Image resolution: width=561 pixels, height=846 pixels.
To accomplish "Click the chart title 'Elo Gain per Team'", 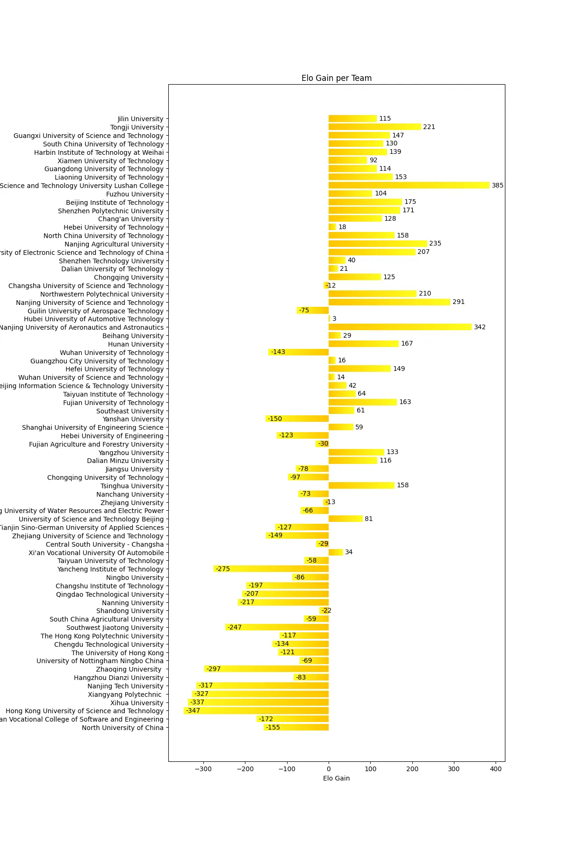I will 336,78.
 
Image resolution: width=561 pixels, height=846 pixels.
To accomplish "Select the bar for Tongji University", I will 374,127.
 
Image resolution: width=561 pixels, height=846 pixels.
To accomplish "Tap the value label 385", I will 497,185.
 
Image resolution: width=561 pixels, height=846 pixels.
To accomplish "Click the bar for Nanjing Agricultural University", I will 378,244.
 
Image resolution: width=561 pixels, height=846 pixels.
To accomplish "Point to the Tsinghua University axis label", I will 132,486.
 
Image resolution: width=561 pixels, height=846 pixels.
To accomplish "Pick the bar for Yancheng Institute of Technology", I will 271,569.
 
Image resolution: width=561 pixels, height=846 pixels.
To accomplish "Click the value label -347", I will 193,711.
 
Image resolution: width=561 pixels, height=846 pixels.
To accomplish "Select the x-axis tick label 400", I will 496,769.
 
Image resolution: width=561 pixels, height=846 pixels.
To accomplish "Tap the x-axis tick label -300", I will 203,769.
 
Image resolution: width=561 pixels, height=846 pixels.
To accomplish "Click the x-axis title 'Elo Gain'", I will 336,778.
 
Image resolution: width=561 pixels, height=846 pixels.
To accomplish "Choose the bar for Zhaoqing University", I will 266,669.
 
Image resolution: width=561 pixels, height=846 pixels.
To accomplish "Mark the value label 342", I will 480,327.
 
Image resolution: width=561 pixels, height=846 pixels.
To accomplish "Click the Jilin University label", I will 140,119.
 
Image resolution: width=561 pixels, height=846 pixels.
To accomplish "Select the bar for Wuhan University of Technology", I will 299,352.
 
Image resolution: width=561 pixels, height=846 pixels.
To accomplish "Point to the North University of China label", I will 122,728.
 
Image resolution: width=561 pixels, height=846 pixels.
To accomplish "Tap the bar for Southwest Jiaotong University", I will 277,627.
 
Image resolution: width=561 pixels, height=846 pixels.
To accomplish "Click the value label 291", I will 458,302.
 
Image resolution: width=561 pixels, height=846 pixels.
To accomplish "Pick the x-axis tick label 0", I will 329,769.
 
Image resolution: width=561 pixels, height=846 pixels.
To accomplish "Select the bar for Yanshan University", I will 297,419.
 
